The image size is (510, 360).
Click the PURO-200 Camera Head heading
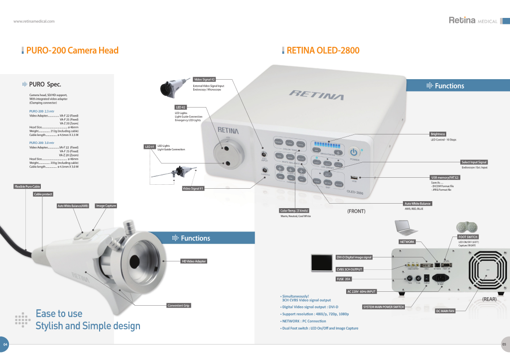click(x=72, y=50)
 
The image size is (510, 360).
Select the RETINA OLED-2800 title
click(x=323, y=50)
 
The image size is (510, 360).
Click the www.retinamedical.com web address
click(x=34, y=21)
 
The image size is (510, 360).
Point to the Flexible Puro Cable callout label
click(x=27, y=186)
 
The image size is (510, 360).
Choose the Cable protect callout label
click(x=43, y=194)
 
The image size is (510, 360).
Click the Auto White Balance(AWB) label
click(x=73, y=206)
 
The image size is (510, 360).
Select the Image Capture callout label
click(x=106, y=206)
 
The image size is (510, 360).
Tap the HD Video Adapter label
click(x=194, y=261)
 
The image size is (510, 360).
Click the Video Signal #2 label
click(x=204, y=80)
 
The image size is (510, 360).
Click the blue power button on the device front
click(x=354, y=151)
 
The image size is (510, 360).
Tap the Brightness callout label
click(x=438, y=134)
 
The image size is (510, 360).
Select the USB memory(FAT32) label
click(x=445, y=177)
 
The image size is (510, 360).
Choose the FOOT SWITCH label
click(x=468, y=237)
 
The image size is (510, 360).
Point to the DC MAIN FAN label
click(x=445, y=311)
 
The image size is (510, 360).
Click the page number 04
click(x=5, y=345)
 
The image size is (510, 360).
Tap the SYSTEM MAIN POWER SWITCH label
click(x=383, y=307)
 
